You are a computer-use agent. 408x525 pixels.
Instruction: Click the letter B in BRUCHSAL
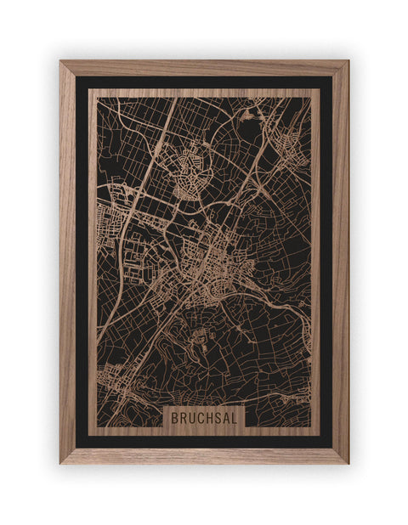(175, 418)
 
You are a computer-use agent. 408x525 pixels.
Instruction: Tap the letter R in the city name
(183, 418)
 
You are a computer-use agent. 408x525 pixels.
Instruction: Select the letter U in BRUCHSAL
(191, 418)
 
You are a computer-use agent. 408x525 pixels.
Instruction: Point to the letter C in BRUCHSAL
(200, 418)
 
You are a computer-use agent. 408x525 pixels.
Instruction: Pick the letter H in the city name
(208, 418)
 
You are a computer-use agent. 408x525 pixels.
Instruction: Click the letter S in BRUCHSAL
(217, 418)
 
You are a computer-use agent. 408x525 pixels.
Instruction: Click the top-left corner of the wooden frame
(61, 62)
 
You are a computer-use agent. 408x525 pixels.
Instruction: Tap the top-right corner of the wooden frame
(347, 62)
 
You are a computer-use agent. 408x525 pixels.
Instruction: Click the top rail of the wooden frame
(204, 68)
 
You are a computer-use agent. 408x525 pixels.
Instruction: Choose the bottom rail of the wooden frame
(204, 455)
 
